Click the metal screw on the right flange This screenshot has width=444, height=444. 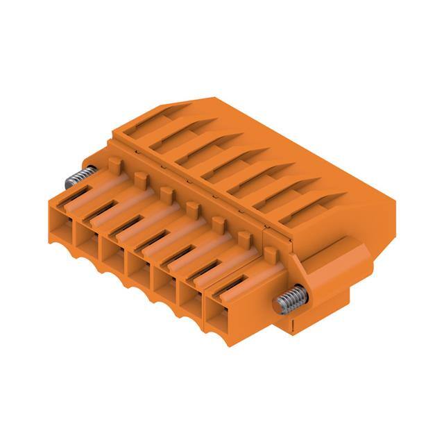click(x=287, y=300)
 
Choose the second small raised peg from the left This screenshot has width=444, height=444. click(x=139, y=180)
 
